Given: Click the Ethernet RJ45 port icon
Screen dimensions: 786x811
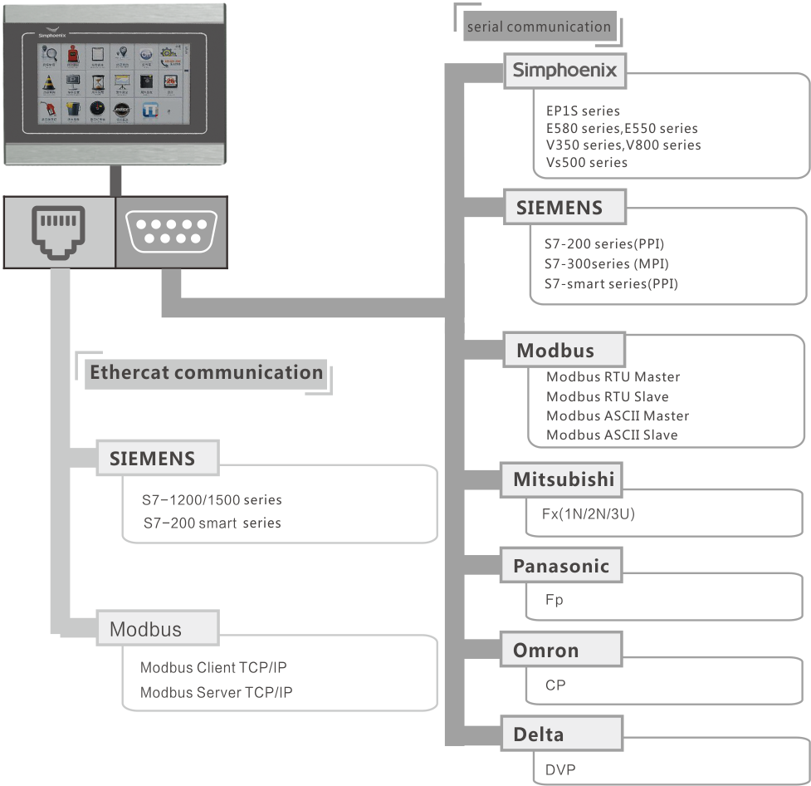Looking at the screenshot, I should click(x=58, y=232).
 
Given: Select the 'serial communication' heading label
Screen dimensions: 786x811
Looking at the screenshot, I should click(x=539, y=27).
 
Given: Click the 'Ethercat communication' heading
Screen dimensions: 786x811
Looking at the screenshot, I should click(x=206, y=372).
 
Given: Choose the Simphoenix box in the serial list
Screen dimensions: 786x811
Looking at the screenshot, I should click(x=564, y=71).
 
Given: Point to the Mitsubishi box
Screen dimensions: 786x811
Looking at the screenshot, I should click(x=563, y=479).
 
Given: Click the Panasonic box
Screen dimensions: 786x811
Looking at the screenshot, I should click(x=560, y=567).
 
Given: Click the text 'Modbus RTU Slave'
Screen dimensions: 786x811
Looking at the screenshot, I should click(x=607, y=396).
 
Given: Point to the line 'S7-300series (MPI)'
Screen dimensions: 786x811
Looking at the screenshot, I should click(x=607, y=264).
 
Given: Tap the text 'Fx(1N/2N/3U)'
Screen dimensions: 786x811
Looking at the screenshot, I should click(x=582, y=513).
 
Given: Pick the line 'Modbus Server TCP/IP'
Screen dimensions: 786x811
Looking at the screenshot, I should click(x=216, y=692).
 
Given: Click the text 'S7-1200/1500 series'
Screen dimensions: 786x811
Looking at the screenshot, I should click(x=212, y=500).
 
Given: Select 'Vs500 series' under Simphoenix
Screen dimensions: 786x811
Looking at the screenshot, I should click(x=586, y=163).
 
